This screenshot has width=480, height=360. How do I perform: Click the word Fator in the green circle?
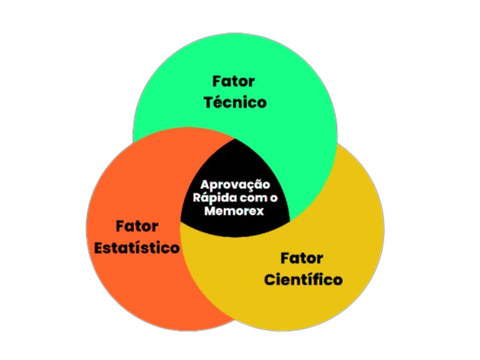234,81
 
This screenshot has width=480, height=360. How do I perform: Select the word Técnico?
235,101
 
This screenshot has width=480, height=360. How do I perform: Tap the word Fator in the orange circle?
137,226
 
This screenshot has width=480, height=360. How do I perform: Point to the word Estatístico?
136,247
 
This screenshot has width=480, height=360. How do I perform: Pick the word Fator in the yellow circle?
302,259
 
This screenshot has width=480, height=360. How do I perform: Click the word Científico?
304,279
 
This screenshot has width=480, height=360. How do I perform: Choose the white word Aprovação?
235,185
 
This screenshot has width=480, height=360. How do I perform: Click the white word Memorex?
235,211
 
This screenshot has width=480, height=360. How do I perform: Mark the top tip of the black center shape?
235,139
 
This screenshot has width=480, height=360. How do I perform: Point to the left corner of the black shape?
181,221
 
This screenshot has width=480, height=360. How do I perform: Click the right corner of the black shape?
289,220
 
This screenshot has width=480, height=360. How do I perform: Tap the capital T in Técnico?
210,103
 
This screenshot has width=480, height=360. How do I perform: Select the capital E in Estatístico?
99,248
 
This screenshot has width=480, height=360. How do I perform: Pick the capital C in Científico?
270,280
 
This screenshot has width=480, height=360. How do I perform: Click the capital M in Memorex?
210,211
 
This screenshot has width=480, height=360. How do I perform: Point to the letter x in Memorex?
260,212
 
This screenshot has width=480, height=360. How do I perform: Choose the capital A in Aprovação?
205,185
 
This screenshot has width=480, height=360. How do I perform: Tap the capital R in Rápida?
197,198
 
